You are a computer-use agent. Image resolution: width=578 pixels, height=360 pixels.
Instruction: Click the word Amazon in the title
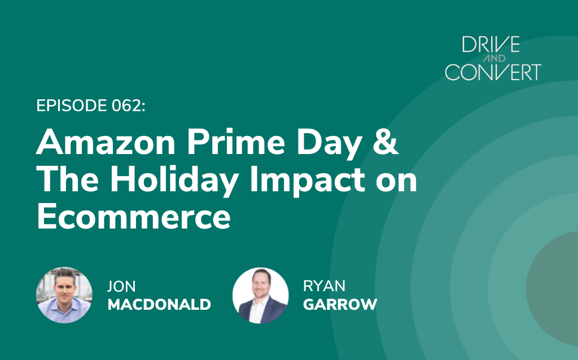(x=106, y=142)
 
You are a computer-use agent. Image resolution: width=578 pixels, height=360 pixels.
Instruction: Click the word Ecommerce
(x=134, y=217)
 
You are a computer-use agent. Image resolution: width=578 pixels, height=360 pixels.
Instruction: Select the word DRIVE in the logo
(x=491, y=45)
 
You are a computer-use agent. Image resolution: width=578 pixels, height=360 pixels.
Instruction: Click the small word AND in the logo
(x=494, y=58)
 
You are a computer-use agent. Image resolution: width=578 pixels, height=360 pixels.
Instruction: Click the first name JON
(x=121, y=286)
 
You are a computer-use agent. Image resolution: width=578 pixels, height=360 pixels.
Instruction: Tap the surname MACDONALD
(x=159, y=305)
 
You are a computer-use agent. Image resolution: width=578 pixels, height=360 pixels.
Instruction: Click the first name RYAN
(x=324, y=286)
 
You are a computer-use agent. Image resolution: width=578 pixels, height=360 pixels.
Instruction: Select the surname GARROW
(x=340, y=305)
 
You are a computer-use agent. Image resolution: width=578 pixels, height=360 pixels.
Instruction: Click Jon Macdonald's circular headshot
(x=64, y=295)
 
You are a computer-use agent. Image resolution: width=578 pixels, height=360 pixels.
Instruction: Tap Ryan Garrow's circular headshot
(x=261, y=296)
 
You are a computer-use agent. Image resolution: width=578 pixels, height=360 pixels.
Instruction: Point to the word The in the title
(x=68, y=180)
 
